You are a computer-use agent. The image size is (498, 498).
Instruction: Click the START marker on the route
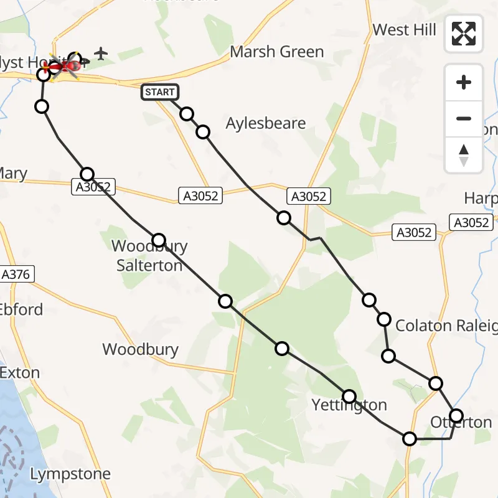161,92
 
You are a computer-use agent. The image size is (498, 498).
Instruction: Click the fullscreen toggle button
464,34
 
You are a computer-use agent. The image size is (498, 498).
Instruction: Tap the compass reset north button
464,154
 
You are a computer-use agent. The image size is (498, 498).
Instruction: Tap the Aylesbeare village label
266,123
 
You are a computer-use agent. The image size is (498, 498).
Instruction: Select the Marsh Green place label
277,52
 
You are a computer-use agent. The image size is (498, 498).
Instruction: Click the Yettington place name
349,405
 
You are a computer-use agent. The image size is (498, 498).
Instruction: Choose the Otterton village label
461,423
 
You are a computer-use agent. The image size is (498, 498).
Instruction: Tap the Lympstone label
70,474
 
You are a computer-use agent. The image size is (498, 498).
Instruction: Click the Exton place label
20,373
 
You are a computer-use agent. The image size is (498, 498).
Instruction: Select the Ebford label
22,309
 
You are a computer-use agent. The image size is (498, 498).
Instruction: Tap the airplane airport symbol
101,54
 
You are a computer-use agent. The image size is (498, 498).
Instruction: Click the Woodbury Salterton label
149,256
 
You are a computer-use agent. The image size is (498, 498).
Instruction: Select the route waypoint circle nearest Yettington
349,396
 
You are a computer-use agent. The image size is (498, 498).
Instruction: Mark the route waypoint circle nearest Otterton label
456,415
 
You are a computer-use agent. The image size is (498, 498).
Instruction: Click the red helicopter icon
64,65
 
